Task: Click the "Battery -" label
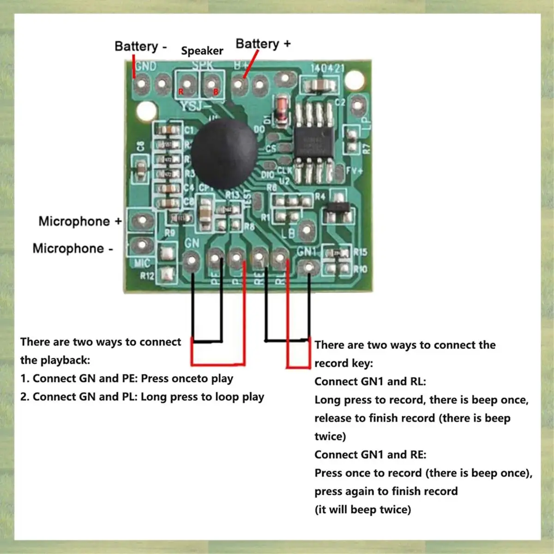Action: tap(140, 47)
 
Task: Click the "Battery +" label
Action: tap(263, 44)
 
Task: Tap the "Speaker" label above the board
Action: tap(202, 51)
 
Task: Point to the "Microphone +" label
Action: tap(79, 221)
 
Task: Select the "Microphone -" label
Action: tap(72, 248)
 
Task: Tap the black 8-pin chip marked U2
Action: tap(314, 142)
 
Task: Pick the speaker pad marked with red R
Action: tap(187, 85)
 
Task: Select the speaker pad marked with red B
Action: tap(211, 85)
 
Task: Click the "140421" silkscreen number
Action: tap(327, 68)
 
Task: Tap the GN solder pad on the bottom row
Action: tap(192, 262)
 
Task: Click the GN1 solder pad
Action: tap(308, 266)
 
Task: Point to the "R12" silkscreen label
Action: tap(147, 276)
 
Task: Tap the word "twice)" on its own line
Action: tap(330, 436)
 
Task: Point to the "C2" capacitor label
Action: tap(340, 102)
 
